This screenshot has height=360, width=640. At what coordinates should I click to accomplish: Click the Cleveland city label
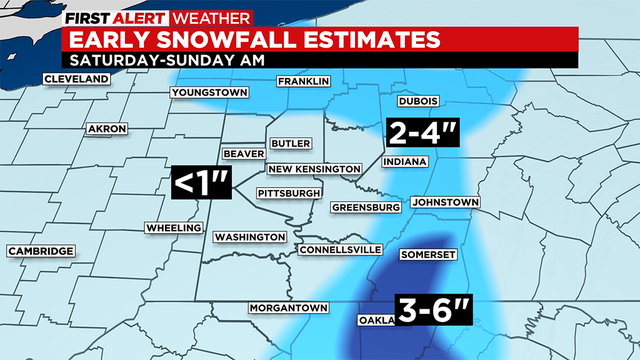74,79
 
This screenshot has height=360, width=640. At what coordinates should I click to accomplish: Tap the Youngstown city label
209,92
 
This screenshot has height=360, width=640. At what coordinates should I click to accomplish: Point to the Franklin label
303,81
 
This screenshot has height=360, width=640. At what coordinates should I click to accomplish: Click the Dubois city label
419,101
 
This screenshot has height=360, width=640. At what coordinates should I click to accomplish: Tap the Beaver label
243,154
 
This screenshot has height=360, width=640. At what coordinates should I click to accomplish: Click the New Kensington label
313,168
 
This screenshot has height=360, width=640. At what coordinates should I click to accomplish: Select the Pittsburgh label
289,192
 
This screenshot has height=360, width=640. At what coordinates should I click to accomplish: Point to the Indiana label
405,161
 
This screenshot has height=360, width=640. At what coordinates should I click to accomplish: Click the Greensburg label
366,207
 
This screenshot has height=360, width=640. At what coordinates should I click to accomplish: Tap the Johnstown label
445,202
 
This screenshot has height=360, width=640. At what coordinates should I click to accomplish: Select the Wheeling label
172,227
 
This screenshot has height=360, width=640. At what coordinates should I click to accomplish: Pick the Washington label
250,237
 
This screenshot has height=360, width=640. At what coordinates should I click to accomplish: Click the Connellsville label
340,248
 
